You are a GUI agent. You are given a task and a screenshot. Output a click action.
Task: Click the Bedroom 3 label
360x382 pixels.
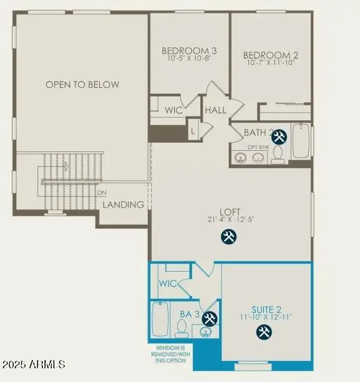click(189, 50)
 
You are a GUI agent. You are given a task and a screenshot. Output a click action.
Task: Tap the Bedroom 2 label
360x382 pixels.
click(270, 55)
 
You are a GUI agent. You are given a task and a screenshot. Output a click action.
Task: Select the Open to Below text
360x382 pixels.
click(82, 84)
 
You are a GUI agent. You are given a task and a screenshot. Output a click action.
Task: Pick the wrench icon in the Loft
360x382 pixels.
click(229, 236)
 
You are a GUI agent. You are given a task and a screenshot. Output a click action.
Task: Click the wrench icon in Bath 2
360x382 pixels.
click(280, 136)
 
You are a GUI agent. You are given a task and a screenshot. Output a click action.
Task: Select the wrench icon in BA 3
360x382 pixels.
click(210, 318)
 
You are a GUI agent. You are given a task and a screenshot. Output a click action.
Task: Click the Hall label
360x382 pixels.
click(215, 110)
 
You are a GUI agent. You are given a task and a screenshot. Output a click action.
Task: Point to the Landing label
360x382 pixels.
click(124, 204)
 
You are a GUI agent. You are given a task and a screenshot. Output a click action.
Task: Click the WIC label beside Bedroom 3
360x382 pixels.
click(173, 110)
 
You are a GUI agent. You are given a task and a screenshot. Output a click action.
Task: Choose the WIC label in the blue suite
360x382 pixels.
click(167, 283)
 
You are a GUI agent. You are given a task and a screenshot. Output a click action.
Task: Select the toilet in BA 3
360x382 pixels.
click(182, 326)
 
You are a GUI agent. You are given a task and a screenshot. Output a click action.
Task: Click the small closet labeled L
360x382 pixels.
click(193, 131)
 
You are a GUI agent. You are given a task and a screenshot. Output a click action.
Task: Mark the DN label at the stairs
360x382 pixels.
click(102, 193)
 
